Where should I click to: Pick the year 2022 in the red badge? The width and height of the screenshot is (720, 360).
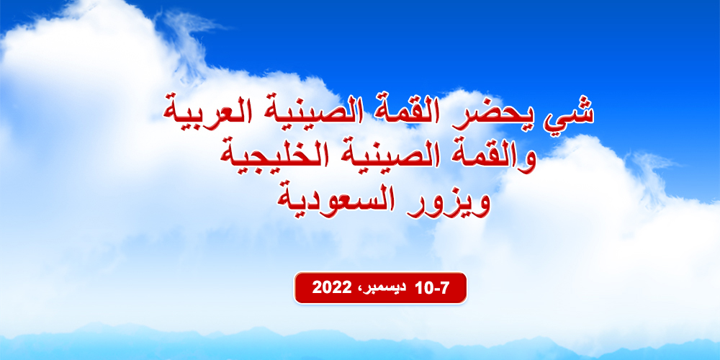331,288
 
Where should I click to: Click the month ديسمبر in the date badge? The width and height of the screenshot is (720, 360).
382,289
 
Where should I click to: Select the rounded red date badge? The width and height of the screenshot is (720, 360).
380,288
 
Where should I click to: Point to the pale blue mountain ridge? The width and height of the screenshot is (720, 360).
360,344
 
